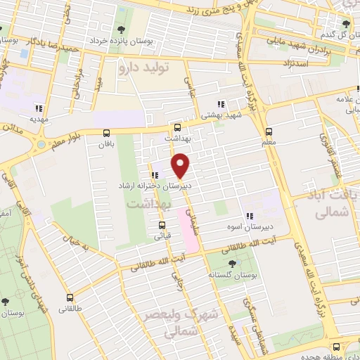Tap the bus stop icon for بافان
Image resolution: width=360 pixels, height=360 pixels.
106,133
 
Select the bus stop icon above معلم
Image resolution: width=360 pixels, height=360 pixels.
269,131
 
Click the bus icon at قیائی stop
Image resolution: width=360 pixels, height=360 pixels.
162,226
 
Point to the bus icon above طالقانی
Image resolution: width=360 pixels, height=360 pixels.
69,297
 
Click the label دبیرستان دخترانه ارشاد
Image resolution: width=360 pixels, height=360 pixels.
155,187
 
